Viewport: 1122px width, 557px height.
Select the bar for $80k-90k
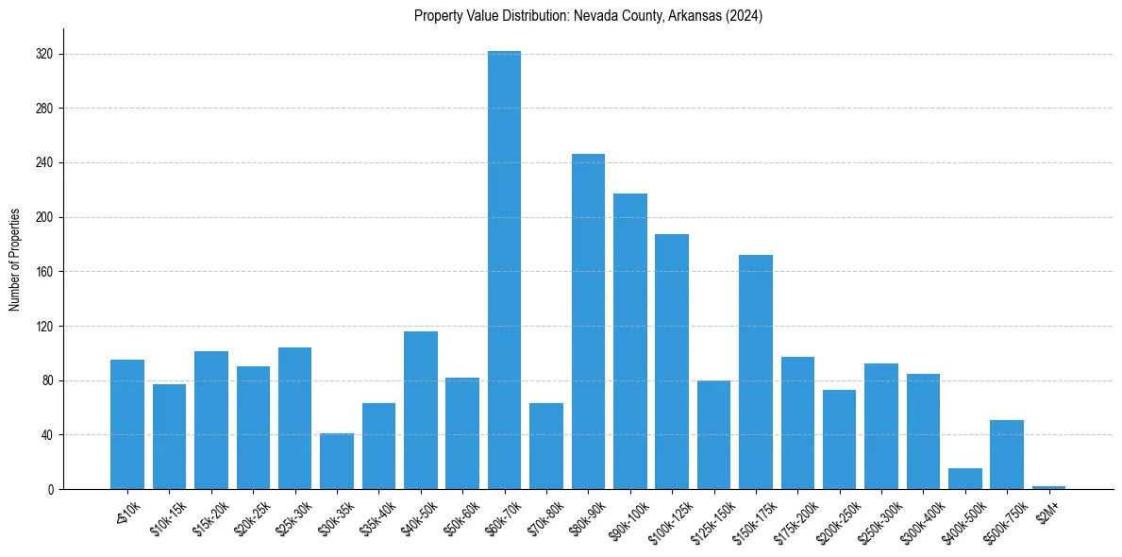click(588, 321)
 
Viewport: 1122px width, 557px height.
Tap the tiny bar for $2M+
click(1048, 487)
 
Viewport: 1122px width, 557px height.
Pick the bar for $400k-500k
click(964, 479)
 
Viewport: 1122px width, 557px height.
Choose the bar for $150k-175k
click(755, 372)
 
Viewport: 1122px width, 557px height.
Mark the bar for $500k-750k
click(1007, 454)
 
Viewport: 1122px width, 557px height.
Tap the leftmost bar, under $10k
click(127, 424)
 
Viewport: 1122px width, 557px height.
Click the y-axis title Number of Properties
click(15, 259)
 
